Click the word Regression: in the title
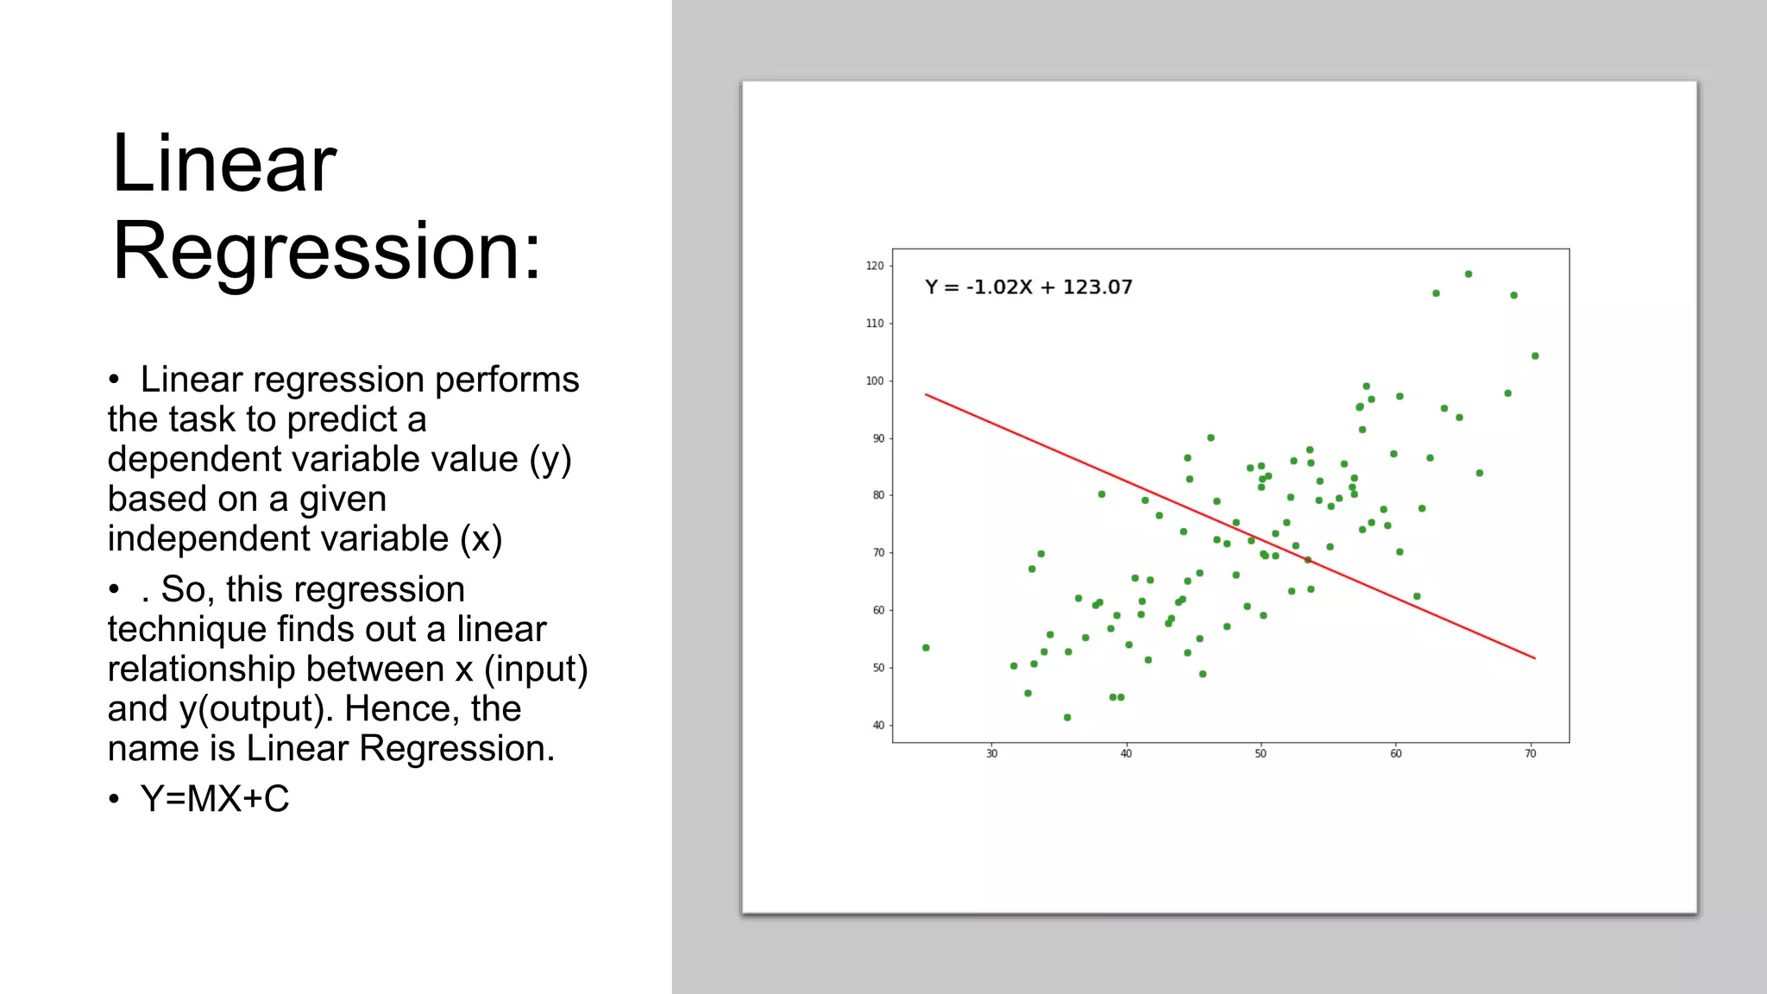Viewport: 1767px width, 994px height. [326, 251]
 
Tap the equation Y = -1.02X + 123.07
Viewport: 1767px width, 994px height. [1028, 287]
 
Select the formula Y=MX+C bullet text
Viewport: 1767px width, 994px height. [214, 799]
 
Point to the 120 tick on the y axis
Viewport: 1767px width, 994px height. [875, 266]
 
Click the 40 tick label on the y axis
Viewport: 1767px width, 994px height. [877, 726]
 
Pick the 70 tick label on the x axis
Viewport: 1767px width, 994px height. [1530, 754]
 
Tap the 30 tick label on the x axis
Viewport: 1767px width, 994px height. [991, 754]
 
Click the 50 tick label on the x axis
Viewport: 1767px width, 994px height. [1261, 754]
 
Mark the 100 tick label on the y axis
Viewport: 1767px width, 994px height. [875, 381]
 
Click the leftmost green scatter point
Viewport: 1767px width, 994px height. [926, 648]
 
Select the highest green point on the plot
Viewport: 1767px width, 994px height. [1468, 274]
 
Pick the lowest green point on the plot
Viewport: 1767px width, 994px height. [1067, 718]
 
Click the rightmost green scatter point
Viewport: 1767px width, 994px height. [1535, 356]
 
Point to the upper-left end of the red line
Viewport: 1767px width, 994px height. [927, 395]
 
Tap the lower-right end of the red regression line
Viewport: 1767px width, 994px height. [1534, 658]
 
